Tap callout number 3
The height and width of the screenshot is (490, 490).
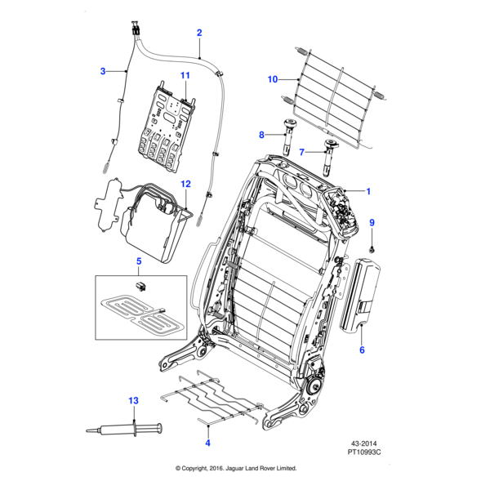(103, 71)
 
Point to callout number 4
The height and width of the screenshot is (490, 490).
(207, 442)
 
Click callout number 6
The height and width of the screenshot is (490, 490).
(362, 350)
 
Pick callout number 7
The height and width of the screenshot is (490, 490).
(301, 152)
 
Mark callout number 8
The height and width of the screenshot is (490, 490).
(262, 135)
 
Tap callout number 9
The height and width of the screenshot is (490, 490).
(372, 223)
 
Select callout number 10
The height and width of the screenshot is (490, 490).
(273, 79)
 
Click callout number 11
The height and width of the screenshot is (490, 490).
(185, 76)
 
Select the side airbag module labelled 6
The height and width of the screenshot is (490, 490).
(360, 294)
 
